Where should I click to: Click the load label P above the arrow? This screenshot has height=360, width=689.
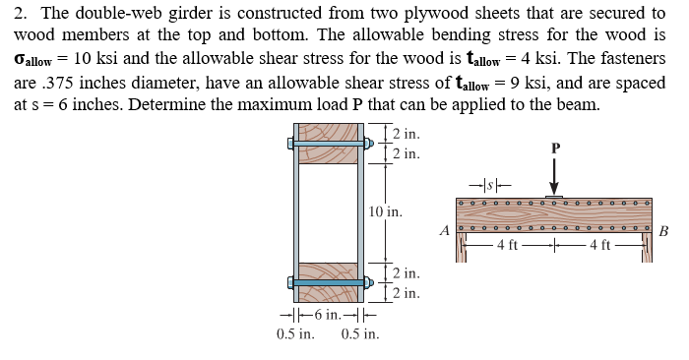[555, 148]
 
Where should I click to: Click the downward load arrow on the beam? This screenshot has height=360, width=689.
[554, 178]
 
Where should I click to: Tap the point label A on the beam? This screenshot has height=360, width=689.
[445, 231]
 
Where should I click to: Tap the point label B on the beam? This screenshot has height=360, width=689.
[663, 232]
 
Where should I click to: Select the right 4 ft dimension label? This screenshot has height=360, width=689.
[599, 244]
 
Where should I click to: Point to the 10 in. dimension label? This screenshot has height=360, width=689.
[385, 210]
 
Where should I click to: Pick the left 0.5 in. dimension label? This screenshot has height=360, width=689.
[295, 334]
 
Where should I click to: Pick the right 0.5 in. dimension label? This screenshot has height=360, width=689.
[360, 334]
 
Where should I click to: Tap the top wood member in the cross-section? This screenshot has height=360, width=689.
[329, 144]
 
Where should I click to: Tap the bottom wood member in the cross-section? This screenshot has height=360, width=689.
[329, 281]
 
